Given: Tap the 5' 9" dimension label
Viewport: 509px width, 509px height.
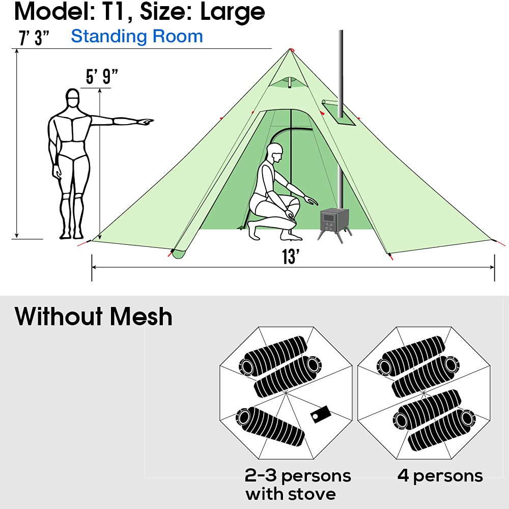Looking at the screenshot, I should [x=102, y=77].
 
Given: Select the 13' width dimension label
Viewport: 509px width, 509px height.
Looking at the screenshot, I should [x=290, y=257].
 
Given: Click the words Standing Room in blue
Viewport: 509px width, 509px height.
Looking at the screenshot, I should [x=137, y=36].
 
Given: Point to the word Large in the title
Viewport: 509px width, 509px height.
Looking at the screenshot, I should [x=233, y=11].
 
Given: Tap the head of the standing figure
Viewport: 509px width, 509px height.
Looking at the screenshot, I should [x=73, y=99].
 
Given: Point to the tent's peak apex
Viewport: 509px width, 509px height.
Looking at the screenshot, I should [x=291, y=49].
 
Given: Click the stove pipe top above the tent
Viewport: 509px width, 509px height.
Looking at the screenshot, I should [x=340, y=34].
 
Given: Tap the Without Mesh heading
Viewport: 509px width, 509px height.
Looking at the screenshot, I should [x=94, y=316].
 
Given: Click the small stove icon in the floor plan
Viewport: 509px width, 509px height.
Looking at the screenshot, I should [x=321, y=414].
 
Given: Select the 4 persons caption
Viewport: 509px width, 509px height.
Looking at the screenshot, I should [x=440, y=475].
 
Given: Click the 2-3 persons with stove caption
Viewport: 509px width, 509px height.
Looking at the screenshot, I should [x=298, y=484].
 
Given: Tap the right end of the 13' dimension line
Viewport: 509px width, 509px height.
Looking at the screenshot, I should [x=494, y=267].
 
